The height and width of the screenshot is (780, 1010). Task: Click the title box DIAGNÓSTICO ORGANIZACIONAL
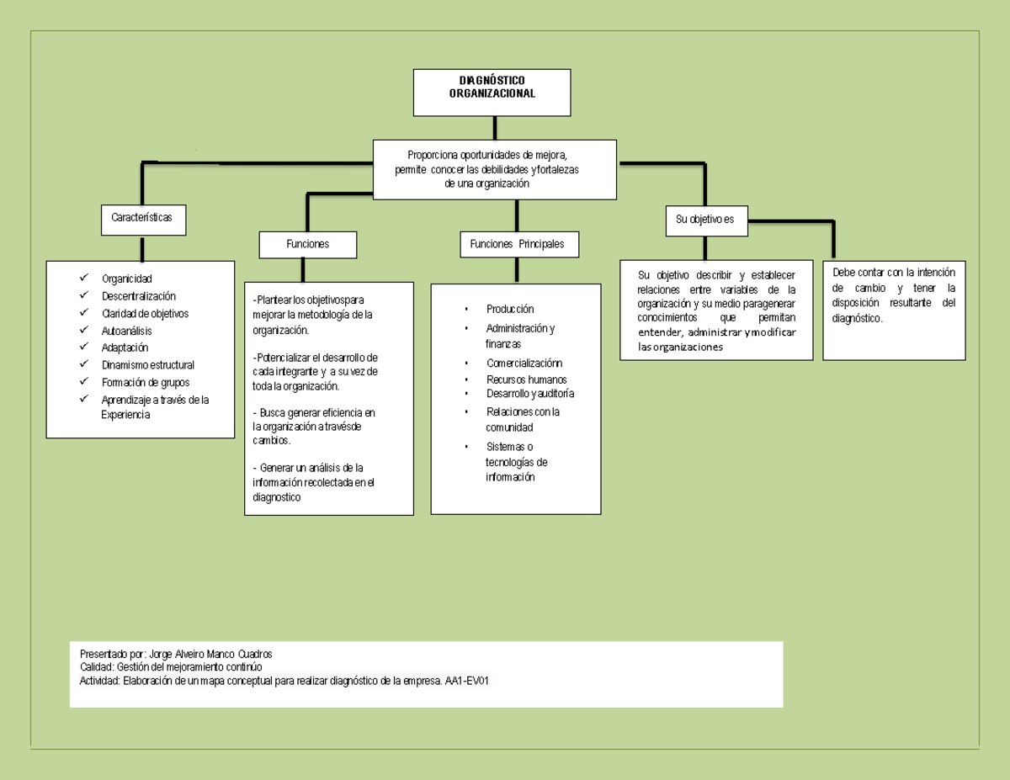(x=492, y=92)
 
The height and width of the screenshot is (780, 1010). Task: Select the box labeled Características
(x=142, y=218)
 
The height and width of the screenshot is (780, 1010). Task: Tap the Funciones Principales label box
(x=517, y=244)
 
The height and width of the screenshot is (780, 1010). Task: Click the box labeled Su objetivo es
(x=705, y=220)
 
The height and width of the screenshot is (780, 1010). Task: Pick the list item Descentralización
(x=138, y=296)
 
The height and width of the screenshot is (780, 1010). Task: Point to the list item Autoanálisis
(x=126, y=331)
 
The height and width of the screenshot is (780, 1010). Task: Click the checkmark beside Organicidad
(x=83, y=279)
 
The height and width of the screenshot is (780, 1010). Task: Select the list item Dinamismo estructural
(x=147, y=365)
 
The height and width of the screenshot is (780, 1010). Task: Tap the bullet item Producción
(x=509, y=309)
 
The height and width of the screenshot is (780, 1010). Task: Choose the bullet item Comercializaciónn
(x=524, y=363)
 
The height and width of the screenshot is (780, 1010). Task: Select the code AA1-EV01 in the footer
(x=466, y=681)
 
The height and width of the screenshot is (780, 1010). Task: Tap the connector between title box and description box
(x=495, y=128)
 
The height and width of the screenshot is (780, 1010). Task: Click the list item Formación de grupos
(x=145, y=383)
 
